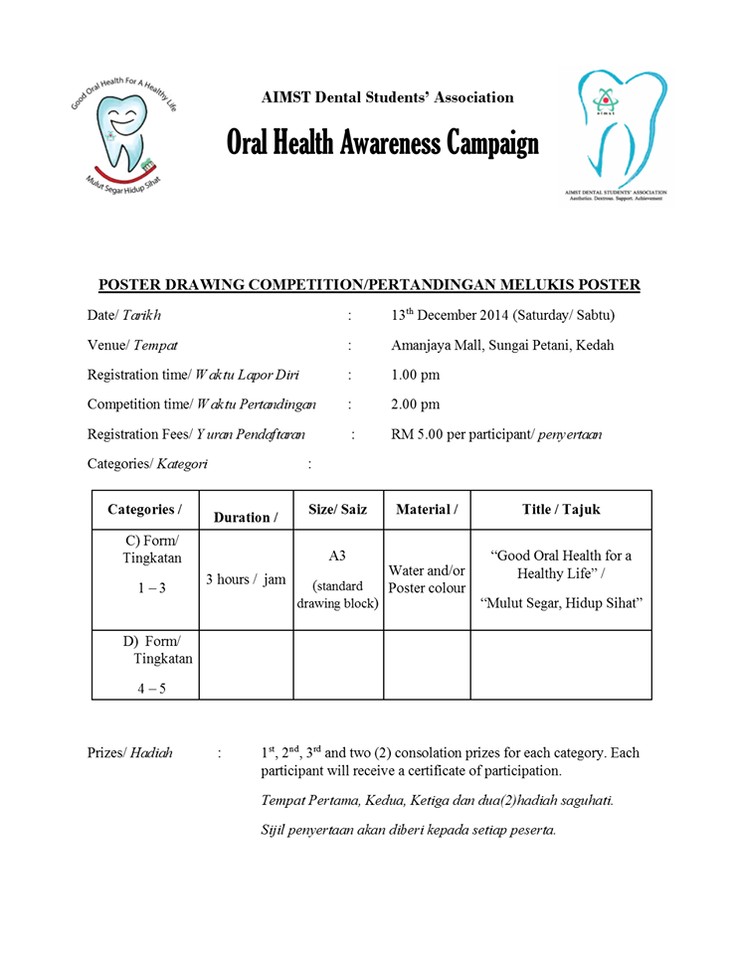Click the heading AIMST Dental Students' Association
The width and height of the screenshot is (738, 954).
click(x=387, y=97)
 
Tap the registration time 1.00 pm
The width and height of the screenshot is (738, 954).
click(x=416, y=375)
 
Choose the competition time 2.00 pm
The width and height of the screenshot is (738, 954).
click(x=416, y=404)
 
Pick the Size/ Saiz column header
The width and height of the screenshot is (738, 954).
click(x=337, y=510)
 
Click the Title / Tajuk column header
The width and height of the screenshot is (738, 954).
click(x=561, y=510)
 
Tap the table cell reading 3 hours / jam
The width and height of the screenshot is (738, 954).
click(x=245, y=579)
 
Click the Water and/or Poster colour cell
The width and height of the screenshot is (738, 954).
click(x=427, y=579)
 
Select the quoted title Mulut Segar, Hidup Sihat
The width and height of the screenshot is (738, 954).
click(x=561, y=603)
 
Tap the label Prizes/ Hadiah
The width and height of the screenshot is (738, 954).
click(x=129, y=753)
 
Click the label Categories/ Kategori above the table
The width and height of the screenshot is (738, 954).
click(x=147, y=464)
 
